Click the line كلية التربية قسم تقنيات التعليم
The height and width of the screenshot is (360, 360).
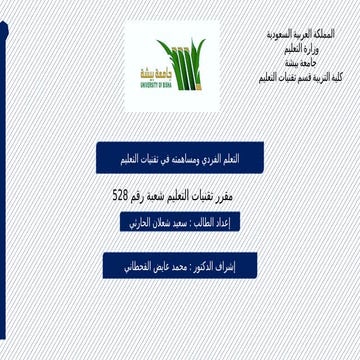click(x=297, y=76)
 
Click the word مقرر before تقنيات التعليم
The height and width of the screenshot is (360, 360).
click(x=233, y=187)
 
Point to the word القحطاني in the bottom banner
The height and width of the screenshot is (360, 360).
click(x=125, y=266)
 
